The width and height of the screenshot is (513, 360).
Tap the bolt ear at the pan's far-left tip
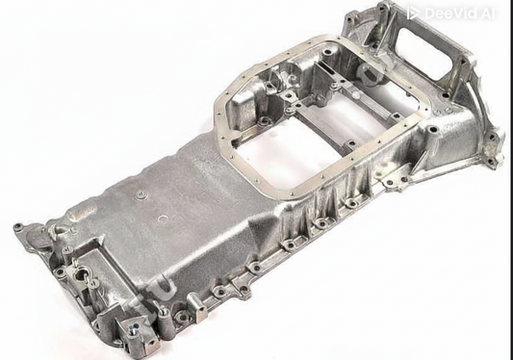18,229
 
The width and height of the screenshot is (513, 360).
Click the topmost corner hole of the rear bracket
382,9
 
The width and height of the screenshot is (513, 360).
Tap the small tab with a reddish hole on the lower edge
165,312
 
